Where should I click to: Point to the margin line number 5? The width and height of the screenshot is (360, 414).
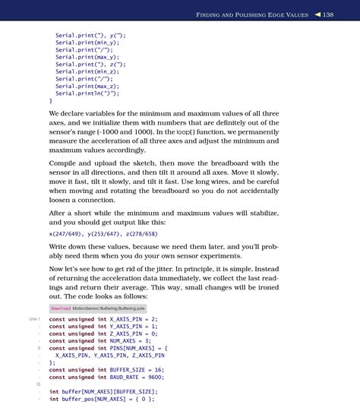coord(37,348)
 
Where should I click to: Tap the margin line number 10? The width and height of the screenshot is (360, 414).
coord(37,384)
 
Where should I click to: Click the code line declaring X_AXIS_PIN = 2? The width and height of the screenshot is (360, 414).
coord(103,320)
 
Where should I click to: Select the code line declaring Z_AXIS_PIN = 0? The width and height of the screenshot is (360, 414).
coord(103,333)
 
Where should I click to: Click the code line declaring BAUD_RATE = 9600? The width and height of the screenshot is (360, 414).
coord(106,377)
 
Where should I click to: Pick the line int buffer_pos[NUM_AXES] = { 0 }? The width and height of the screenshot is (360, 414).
coord(102,398)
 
